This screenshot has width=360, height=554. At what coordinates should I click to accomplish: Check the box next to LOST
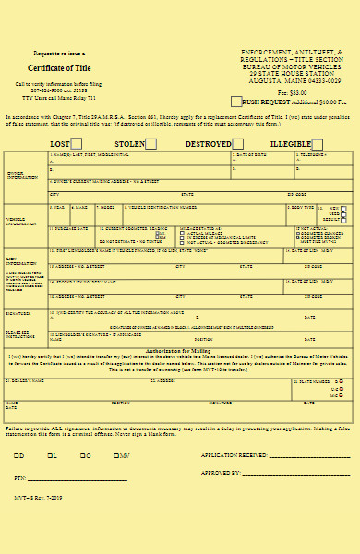coord(77,144)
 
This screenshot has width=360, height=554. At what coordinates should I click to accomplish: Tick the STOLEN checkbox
coord(150,144)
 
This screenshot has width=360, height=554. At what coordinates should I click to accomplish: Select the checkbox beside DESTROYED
coord(237,144)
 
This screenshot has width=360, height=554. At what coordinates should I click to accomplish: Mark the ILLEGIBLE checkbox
coord(317,144)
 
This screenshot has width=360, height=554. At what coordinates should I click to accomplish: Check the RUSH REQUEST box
coord(236,101)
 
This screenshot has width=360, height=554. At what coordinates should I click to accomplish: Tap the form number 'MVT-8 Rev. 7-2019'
coord(34,496)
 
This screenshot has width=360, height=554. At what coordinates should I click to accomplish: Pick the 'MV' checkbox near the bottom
coord(116,456)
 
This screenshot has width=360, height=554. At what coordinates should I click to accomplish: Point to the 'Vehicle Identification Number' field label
coord(166,207)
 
